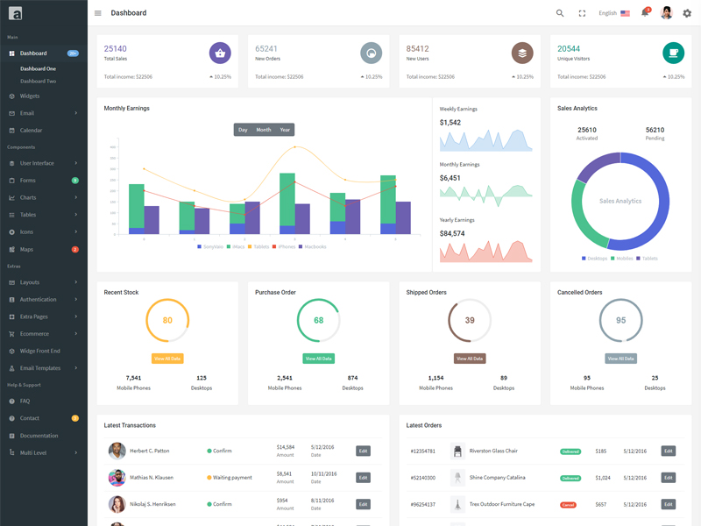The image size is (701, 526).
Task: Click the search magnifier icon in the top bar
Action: pos(560,13)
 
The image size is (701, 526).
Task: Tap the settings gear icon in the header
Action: pos(687,13)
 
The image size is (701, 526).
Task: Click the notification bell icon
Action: pos(645,13)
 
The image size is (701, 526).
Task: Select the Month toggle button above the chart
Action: pos(264,130)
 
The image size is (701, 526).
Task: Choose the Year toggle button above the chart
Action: pos(285,130)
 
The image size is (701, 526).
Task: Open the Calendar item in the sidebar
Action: pos(31,131)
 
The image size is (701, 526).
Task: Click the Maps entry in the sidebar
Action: pos(26,250)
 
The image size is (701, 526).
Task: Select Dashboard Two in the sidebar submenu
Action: pos(39,82)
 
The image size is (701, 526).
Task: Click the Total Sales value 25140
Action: pos(115,49)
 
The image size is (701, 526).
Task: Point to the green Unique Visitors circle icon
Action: pos(673,53)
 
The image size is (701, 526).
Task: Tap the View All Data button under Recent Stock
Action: pos(167,359)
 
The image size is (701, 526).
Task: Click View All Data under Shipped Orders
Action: pos(470,359)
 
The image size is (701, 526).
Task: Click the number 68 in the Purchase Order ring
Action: pos(318,321)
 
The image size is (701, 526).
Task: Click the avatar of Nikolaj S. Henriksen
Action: pos(117,504)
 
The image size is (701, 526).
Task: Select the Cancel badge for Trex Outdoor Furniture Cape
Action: pos(568,505)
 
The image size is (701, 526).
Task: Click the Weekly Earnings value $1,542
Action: pos(450,123)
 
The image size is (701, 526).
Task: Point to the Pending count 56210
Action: pos(655,130)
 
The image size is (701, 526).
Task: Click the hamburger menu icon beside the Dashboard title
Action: pos(98,13)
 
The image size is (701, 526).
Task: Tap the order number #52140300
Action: pos(423,478)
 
